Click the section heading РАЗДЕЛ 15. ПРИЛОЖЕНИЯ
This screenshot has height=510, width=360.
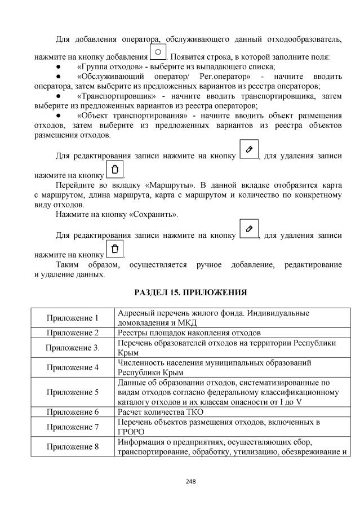pos(191,292)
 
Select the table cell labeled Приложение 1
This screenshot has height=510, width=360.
pos(73,318)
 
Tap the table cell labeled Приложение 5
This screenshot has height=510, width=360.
pos(73,392)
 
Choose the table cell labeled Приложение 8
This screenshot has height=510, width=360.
pos(73,447)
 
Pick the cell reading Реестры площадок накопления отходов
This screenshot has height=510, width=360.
pos(189,332)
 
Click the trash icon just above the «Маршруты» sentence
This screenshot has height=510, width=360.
pos(115,169)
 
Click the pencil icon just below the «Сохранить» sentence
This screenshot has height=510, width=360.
pos(248,230)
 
